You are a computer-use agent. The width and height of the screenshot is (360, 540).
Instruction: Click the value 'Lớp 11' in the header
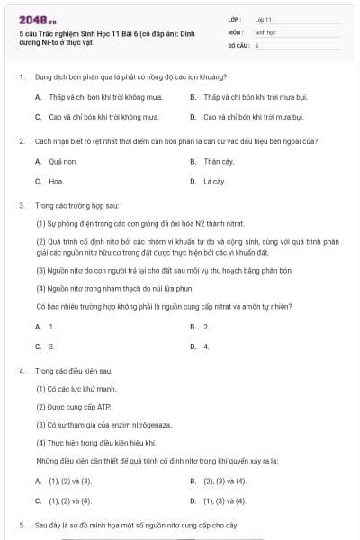[264, 19]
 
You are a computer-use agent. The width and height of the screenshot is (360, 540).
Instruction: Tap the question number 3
[21, 205]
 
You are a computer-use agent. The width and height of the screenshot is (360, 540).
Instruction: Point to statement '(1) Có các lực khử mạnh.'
[77, 388]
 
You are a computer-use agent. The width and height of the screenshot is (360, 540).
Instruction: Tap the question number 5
[21, 524]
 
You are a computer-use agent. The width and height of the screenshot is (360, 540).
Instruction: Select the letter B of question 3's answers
[193, 326]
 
